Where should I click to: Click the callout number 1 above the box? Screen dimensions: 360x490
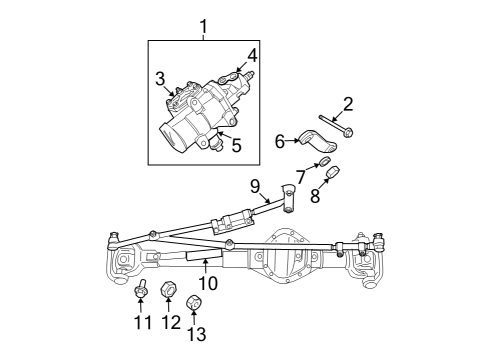205,25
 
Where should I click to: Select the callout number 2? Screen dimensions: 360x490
348,104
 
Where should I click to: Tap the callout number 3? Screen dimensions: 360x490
160,78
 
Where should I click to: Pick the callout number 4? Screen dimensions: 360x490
252,55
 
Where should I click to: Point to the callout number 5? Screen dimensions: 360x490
236,145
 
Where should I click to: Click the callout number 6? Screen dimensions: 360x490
281,141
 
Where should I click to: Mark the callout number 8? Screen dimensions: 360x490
315,196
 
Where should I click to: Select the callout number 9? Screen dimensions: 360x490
254,185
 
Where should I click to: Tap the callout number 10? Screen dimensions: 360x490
208,282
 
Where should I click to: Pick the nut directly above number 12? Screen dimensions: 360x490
169,293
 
